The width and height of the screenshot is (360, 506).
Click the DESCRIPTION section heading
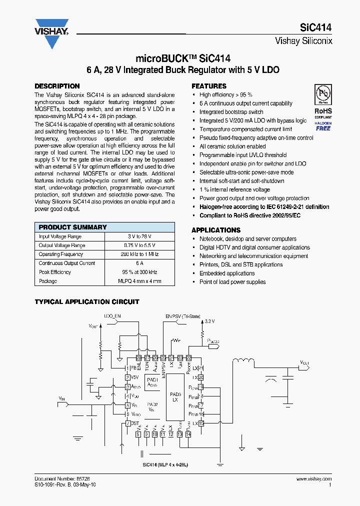coord(57,86)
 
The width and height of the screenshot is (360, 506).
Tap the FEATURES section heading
coord(209,86)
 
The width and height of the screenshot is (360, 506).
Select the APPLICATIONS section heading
coord(216,230)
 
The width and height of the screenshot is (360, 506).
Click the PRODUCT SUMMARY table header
coord(73,227)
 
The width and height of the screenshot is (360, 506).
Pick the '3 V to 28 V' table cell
coord(139,236)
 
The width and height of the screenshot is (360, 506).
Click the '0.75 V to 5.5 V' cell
coord(139,245)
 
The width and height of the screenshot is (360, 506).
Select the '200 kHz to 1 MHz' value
coord(139,254)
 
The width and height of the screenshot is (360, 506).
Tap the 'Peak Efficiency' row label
coord(55,272)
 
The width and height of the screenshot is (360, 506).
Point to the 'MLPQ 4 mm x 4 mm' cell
coord(139,281)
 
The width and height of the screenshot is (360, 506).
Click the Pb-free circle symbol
coord(322,94)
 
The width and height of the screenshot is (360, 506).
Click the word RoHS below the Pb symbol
coord(323,111)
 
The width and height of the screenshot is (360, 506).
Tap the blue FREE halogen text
coord(323,128)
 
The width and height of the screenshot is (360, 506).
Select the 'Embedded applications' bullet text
coord(227,273)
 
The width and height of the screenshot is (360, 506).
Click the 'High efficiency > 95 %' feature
coord(226,94)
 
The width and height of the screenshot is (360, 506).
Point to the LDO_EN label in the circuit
coord(112,316)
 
